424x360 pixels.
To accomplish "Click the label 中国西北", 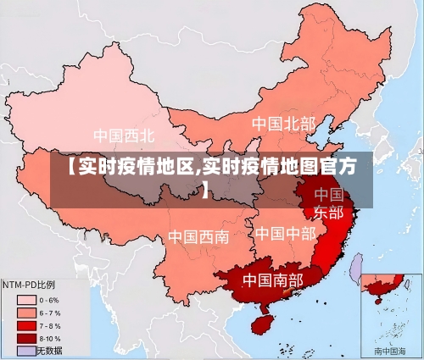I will click(124, 135).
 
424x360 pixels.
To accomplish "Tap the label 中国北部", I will click(282, 124).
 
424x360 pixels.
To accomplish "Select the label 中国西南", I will click(198, 236).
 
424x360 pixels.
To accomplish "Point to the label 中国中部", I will click(285, 232).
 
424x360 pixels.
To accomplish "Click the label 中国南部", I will click(272, 279).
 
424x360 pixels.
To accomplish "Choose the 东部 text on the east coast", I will click(329, 212).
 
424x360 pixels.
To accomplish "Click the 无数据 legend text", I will click(50, 350).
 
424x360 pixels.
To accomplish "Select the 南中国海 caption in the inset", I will click(391, 350).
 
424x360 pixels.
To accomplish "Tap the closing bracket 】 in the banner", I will click(206, 189).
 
